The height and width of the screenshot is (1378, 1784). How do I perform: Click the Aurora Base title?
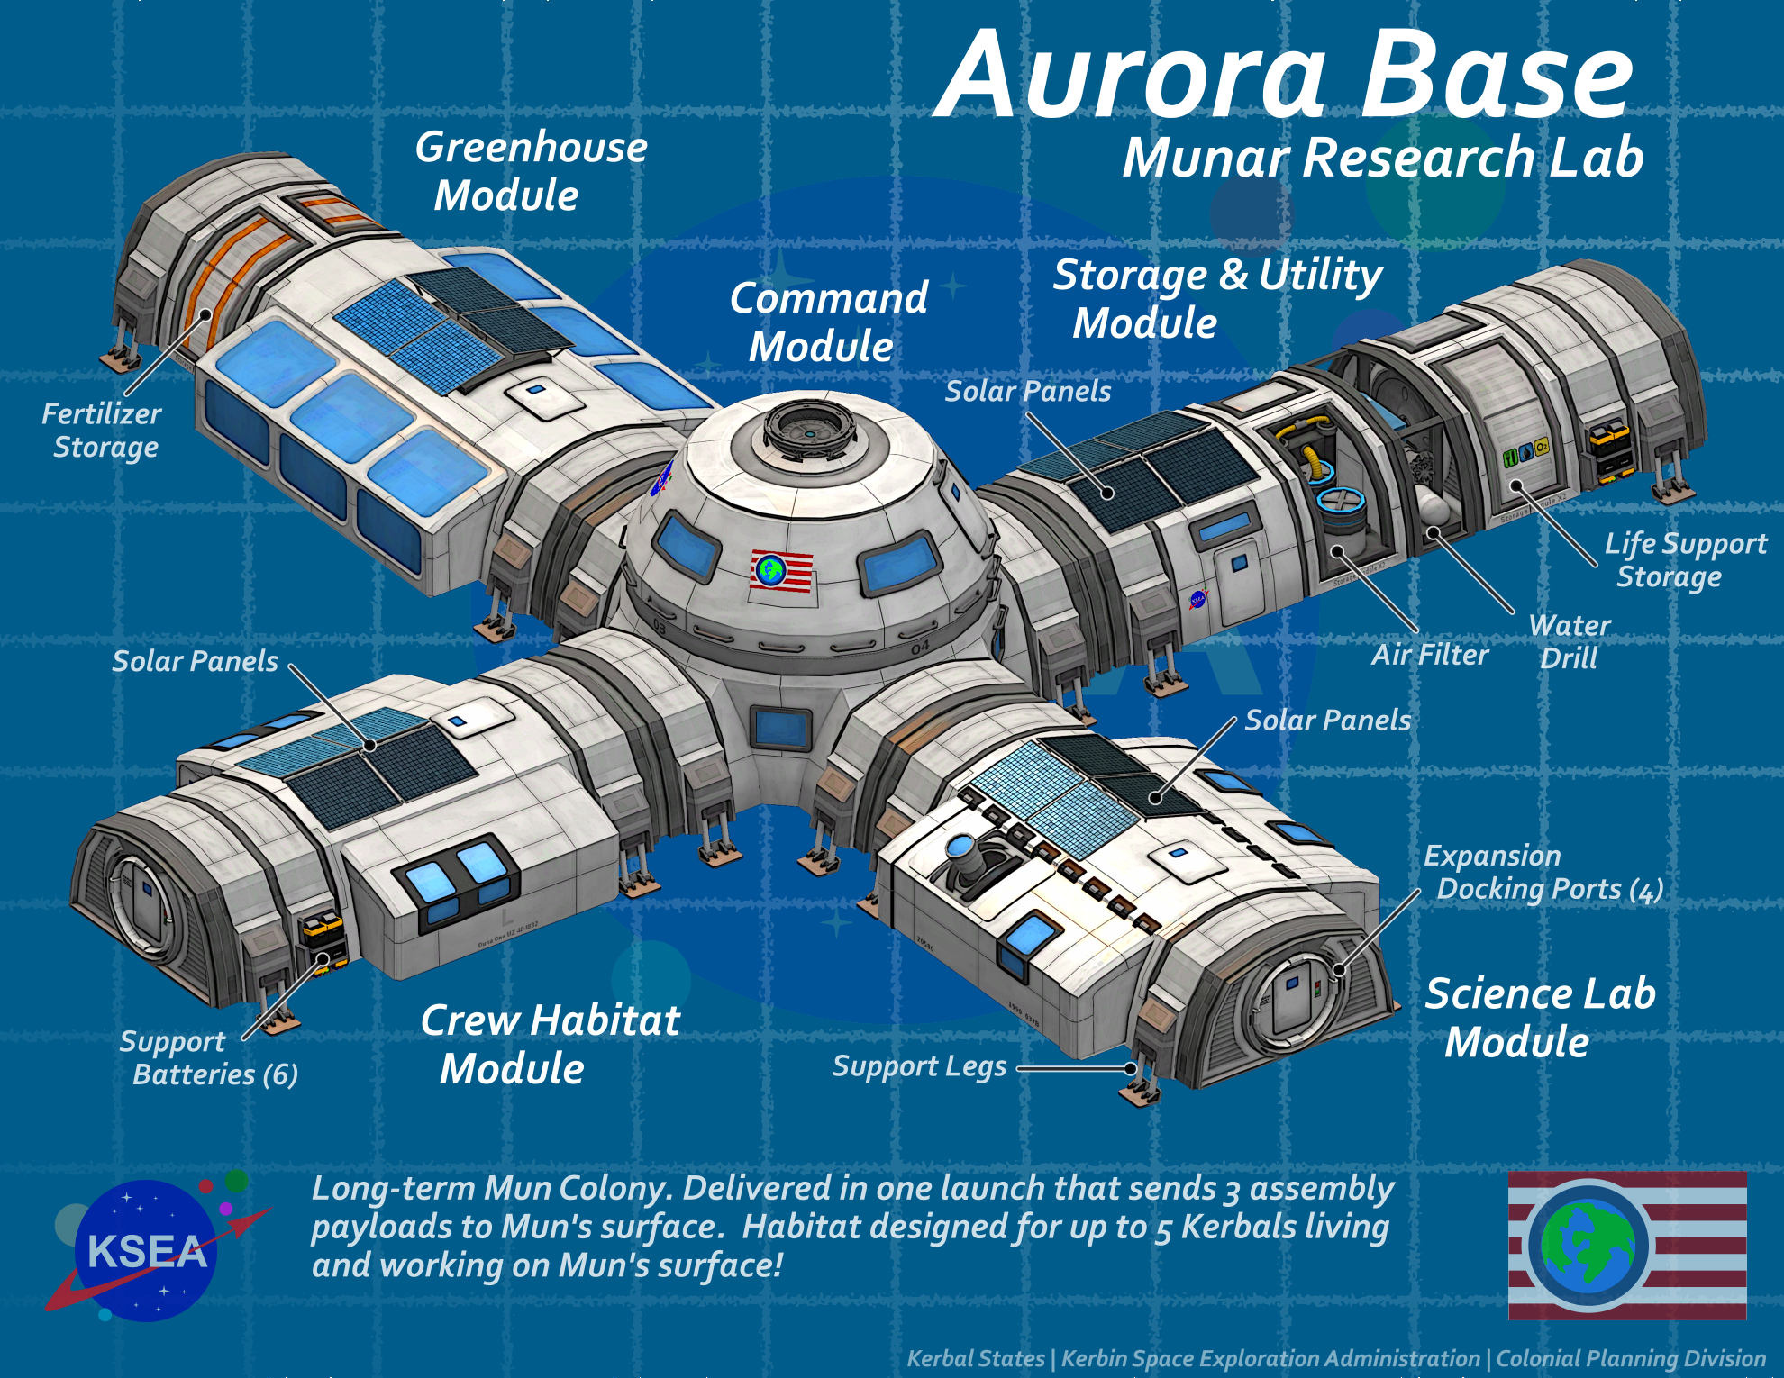pos(1284,77)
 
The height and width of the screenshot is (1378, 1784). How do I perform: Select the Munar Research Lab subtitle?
pos(1383,159)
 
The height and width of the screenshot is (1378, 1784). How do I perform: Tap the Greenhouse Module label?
pos(530,171)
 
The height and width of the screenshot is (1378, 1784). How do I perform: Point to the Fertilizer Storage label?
pos(103,431)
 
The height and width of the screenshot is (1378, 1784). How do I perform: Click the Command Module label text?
pos(827,322)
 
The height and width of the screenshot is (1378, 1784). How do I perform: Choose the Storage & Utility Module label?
pos(1216,299)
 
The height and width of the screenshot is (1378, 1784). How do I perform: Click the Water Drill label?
pos(1570,641)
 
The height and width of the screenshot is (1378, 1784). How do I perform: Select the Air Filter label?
pos(1429,655)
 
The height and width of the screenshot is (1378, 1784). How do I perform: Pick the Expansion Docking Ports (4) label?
pos(1543,872)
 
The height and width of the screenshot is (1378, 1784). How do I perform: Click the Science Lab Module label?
pos(1539,1018)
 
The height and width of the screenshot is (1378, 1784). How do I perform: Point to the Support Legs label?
pos(919,1066)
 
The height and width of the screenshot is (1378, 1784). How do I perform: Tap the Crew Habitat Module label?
pos(550,1045)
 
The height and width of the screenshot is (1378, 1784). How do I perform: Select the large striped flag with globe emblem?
pos(1627,1246)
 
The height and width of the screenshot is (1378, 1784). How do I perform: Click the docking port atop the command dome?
pos(808,430)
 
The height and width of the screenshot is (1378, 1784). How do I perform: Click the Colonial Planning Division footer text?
pos(1631,1358)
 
